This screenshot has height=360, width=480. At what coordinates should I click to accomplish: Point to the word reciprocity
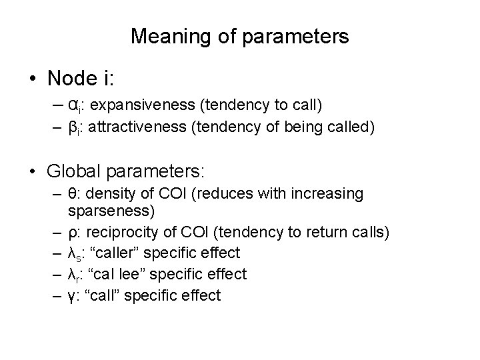(115, 231)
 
